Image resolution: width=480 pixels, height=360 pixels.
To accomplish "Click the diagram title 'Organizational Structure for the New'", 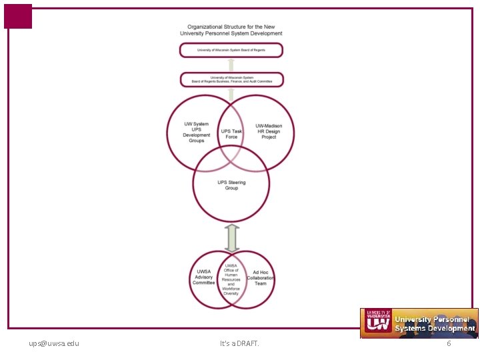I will (231, 26).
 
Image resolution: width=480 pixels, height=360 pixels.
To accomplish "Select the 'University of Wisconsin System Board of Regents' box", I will (231, 50).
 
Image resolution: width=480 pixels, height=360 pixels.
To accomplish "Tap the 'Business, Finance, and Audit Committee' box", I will (231, 80).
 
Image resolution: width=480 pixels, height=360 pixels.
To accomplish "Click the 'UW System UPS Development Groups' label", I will (197, 132).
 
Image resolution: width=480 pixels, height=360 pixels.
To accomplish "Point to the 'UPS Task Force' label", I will (231, 134).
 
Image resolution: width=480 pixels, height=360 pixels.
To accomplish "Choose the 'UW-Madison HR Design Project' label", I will (269, 131).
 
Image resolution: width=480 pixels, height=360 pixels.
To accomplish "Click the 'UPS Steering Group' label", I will (231, 185).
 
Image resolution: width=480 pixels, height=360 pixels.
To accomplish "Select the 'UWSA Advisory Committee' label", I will (204, 277).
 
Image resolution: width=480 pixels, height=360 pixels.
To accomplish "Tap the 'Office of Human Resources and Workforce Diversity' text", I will (231, 279).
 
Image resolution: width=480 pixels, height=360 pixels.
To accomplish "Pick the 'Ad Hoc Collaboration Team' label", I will (260, 278).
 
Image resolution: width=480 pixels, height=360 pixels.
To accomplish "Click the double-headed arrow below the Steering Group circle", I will (231, 238).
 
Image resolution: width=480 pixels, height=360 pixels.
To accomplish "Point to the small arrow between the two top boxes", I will (231, 65).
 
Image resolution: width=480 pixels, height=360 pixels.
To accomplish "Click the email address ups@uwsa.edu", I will (54, 343).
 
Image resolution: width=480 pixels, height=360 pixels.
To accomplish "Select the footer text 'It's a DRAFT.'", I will (239, 343).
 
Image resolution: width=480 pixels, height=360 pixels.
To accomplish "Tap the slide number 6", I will (449, 343).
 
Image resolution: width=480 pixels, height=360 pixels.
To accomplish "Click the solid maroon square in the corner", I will (18, 16).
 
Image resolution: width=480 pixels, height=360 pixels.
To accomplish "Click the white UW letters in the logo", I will (377, 324).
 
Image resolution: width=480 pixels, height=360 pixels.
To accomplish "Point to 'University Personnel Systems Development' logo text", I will (434, 324).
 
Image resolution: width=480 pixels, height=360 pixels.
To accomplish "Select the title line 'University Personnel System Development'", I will (231, 33).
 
